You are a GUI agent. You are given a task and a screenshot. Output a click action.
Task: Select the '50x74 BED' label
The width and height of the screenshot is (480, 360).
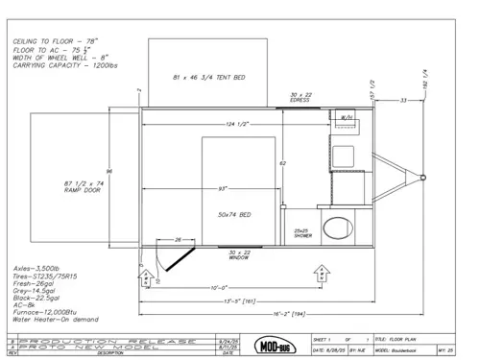click(x=235, y=213)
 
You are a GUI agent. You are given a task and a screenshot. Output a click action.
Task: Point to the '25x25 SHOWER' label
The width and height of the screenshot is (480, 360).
click(x=300, y=232)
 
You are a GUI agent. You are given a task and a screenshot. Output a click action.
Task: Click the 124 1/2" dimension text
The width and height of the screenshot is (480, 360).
click(x=232, y=125)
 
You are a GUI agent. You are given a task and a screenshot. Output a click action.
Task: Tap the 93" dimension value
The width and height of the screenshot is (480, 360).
click(x=222, y=186)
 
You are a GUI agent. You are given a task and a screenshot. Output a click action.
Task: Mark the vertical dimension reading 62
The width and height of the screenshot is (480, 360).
click(x=282, y=163)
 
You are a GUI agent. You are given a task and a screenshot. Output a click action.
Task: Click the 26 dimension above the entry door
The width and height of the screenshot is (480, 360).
click(x=179, y=239)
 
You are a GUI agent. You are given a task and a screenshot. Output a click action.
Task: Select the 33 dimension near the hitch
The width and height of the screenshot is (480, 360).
click(x=404, y=99)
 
